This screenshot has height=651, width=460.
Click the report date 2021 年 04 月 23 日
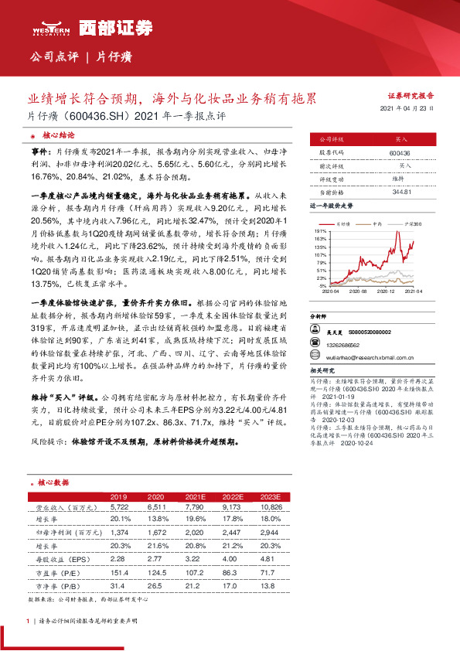click(407, 109)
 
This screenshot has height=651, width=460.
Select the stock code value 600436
click(400, 154)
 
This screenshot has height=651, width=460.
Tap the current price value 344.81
click(400, 190)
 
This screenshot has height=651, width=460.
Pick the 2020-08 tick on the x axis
click(357, 292)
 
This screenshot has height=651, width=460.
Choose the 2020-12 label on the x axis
click(386, 292)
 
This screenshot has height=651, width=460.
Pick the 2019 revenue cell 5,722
click(118, 507)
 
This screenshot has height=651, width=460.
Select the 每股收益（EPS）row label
click(61, 556)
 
